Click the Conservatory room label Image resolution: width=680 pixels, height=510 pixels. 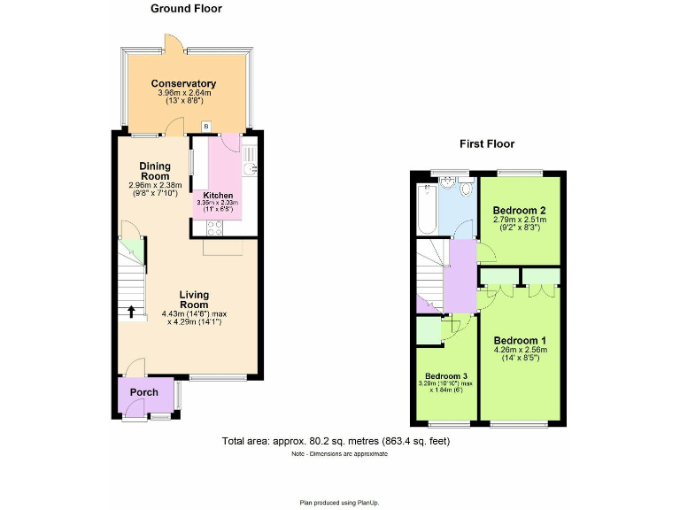tap(183, 84)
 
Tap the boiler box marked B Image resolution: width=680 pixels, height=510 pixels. tap(206, 127)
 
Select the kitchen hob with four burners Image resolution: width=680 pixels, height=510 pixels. tap(215, 227)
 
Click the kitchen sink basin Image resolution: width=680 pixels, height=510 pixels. tap(250, 167)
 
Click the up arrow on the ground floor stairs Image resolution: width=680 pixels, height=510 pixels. tap(132, 311)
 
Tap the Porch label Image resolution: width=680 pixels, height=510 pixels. tap(144, 392)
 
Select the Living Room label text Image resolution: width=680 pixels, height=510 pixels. tap(193, 300)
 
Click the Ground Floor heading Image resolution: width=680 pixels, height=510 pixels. tap(186, 9)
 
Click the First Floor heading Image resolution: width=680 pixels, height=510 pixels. tap(486, 143)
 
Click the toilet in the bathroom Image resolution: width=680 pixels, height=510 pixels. tap(448, 183)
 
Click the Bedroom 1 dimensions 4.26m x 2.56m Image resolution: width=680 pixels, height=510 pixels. tap(521, 350)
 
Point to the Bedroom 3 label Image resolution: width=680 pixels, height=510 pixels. tap(447, 375)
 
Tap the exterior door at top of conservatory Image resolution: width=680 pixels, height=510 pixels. tap(170, 43)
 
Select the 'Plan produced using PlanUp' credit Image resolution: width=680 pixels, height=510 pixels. tap(339, 502)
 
